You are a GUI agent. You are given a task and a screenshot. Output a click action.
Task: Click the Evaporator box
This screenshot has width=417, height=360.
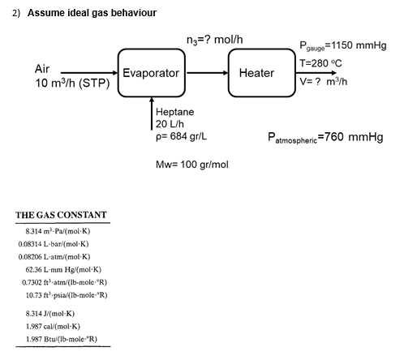[151, 73]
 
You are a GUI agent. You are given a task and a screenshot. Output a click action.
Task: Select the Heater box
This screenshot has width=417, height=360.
[256, 73]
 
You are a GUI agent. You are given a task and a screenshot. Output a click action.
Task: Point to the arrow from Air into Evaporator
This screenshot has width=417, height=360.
[88, 73]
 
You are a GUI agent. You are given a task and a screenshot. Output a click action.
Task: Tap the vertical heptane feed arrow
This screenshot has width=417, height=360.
[152, 114]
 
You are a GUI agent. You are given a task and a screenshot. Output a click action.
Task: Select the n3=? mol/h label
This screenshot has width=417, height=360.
[212, 36]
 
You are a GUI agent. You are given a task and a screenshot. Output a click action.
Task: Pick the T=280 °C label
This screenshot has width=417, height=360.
[324, 62]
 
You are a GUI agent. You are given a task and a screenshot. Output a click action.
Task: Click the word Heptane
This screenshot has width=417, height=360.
[174, 110]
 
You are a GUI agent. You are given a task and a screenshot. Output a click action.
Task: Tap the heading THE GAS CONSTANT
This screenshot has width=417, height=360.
[61, 215]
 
